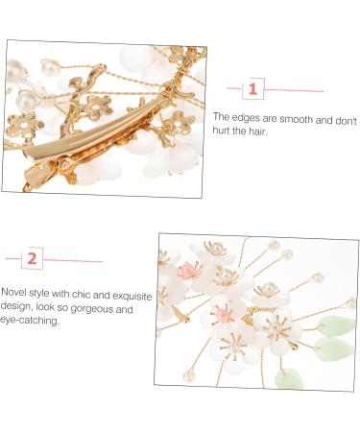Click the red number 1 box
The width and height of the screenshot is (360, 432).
coord(253,88)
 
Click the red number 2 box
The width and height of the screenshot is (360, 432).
coord(32,258)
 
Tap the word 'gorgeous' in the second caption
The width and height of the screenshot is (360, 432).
coord(91,309)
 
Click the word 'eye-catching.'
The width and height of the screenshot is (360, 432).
coord(30,321)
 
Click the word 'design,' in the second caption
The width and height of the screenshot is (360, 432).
coord(16,306)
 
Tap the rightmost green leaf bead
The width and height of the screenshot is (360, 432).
coord(336,324)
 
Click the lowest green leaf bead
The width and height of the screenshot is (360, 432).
coord(289,378)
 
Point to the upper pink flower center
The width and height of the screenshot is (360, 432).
coord(189,271)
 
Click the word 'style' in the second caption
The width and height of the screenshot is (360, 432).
coord(38,293)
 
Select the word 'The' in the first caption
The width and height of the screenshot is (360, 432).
coord(222,116)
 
